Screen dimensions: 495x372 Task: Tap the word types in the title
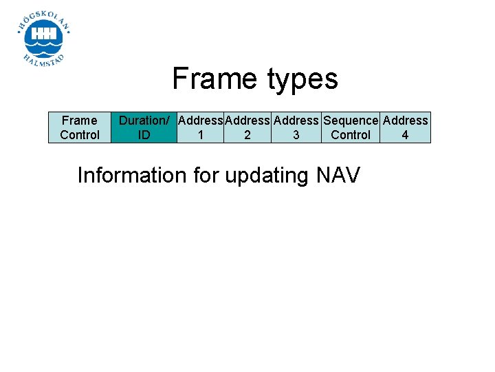(x=300, y=80)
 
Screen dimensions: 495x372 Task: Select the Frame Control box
(x=79, y=127)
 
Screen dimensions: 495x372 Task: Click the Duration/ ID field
(x=144, y=127)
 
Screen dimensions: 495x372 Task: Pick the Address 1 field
(x=200, y=127)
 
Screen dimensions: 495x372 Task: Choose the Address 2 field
(x=247, y=127)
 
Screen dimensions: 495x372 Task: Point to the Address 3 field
(x=296, y=127)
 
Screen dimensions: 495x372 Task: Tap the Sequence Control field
(x=351, y=127)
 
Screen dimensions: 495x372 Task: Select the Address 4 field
(x=405, y=127)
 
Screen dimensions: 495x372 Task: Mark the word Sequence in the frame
(x=351, y=121)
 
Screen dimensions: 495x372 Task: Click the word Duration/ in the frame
(x=144, y=121)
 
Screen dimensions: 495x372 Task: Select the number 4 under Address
(x=405, y=135)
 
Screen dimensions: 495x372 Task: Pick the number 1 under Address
(x=200, y=135)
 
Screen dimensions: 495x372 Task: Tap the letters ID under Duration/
(x=144, y=135)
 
